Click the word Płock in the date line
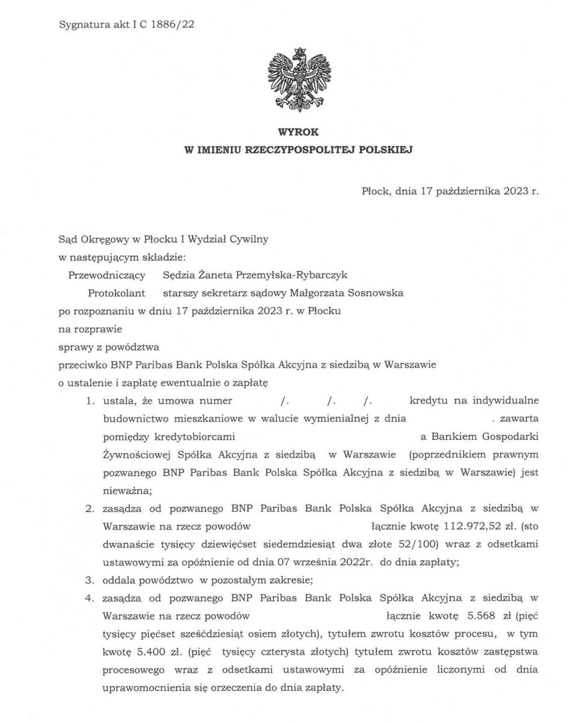point(376,191)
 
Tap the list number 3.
point(89,580)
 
